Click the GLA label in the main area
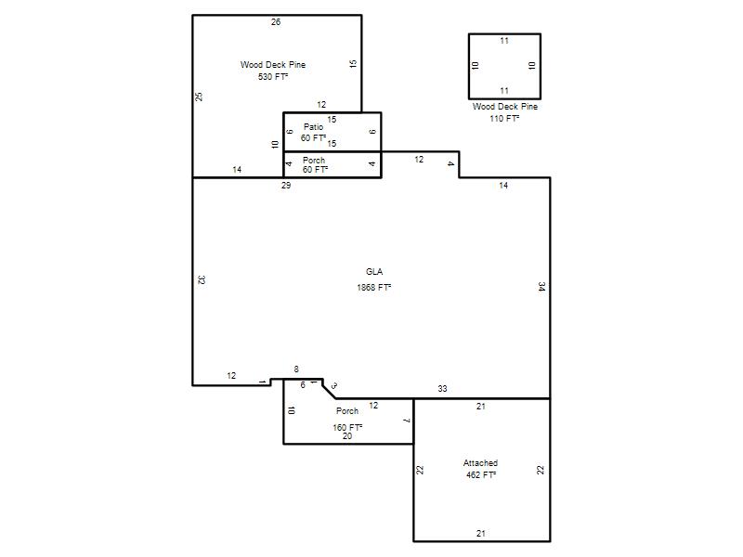[x=374, y=272]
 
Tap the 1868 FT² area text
[x=374, y=287]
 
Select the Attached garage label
[x=480, y=462]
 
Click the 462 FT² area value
[x=481, y=474]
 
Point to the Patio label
[x=313, y=127]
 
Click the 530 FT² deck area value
[x=273, y=76]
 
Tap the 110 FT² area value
[x=504, y=119]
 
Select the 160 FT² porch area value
[x=347, y=427]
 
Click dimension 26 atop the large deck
[x=276, y=21]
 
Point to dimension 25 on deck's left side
[x=200, y=97]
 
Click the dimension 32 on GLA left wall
[x=201, y=280]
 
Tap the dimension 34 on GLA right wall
[x=541, y=286]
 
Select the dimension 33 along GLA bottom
[x=442, y=388]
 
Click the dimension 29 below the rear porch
[x=286, y=185]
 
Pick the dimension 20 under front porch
[x=347, y=436]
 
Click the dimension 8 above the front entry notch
[x=296, y=369]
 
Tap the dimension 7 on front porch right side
[x=406, y=421]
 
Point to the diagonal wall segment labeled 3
[x=329, y=389]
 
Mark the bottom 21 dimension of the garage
[x=481, y=533]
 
